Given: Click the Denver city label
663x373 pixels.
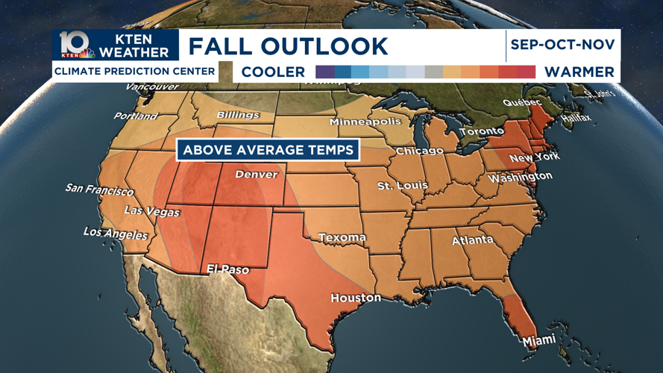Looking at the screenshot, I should click(x=256, y=175).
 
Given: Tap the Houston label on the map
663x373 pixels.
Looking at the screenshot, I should click(x=356, y=298).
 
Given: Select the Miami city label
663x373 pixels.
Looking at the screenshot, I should click(x=538, y=340).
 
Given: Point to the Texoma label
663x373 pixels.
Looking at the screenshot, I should click(x=342, y=238).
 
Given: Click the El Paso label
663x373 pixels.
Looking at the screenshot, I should click(x=227, y=269).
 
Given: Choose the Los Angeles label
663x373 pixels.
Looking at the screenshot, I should click(x=116, y=233).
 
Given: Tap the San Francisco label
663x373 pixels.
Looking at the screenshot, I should click(x=99, y=189).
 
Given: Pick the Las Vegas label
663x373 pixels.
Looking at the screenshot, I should click(x=151, y=212).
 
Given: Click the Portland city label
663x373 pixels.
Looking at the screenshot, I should click(x=135, y=116).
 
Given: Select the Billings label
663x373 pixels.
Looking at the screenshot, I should click(x=238, y=116).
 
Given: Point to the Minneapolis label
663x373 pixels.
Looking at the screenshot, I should click(x=365, y=122).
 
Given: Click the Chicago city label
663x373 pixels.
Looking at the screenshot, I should click(x=419, y=151).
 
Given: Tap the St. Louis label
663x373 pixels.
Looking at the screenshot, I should click(x=403, y=185).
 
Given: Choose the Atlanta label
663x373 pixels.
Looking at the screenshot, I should click(x=473, y=240).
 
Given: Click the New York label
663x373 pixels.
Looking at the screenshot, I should click(x=534, y=157).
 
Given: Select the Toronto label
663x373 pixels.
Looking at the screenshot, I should click(x=481, y=132).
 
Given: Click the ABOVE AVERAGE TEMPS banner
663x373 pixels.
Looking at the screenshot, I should click(x=268, y=150).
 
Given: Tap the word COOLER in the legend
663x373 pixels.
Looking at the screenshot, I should click(x=273, y=72).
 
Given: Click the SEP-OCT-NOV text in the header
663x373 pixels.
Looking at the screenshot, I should click(x=562, y=45).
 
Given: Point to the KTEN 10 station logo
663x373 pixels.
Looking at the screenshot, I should click(x=77, y=45).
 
